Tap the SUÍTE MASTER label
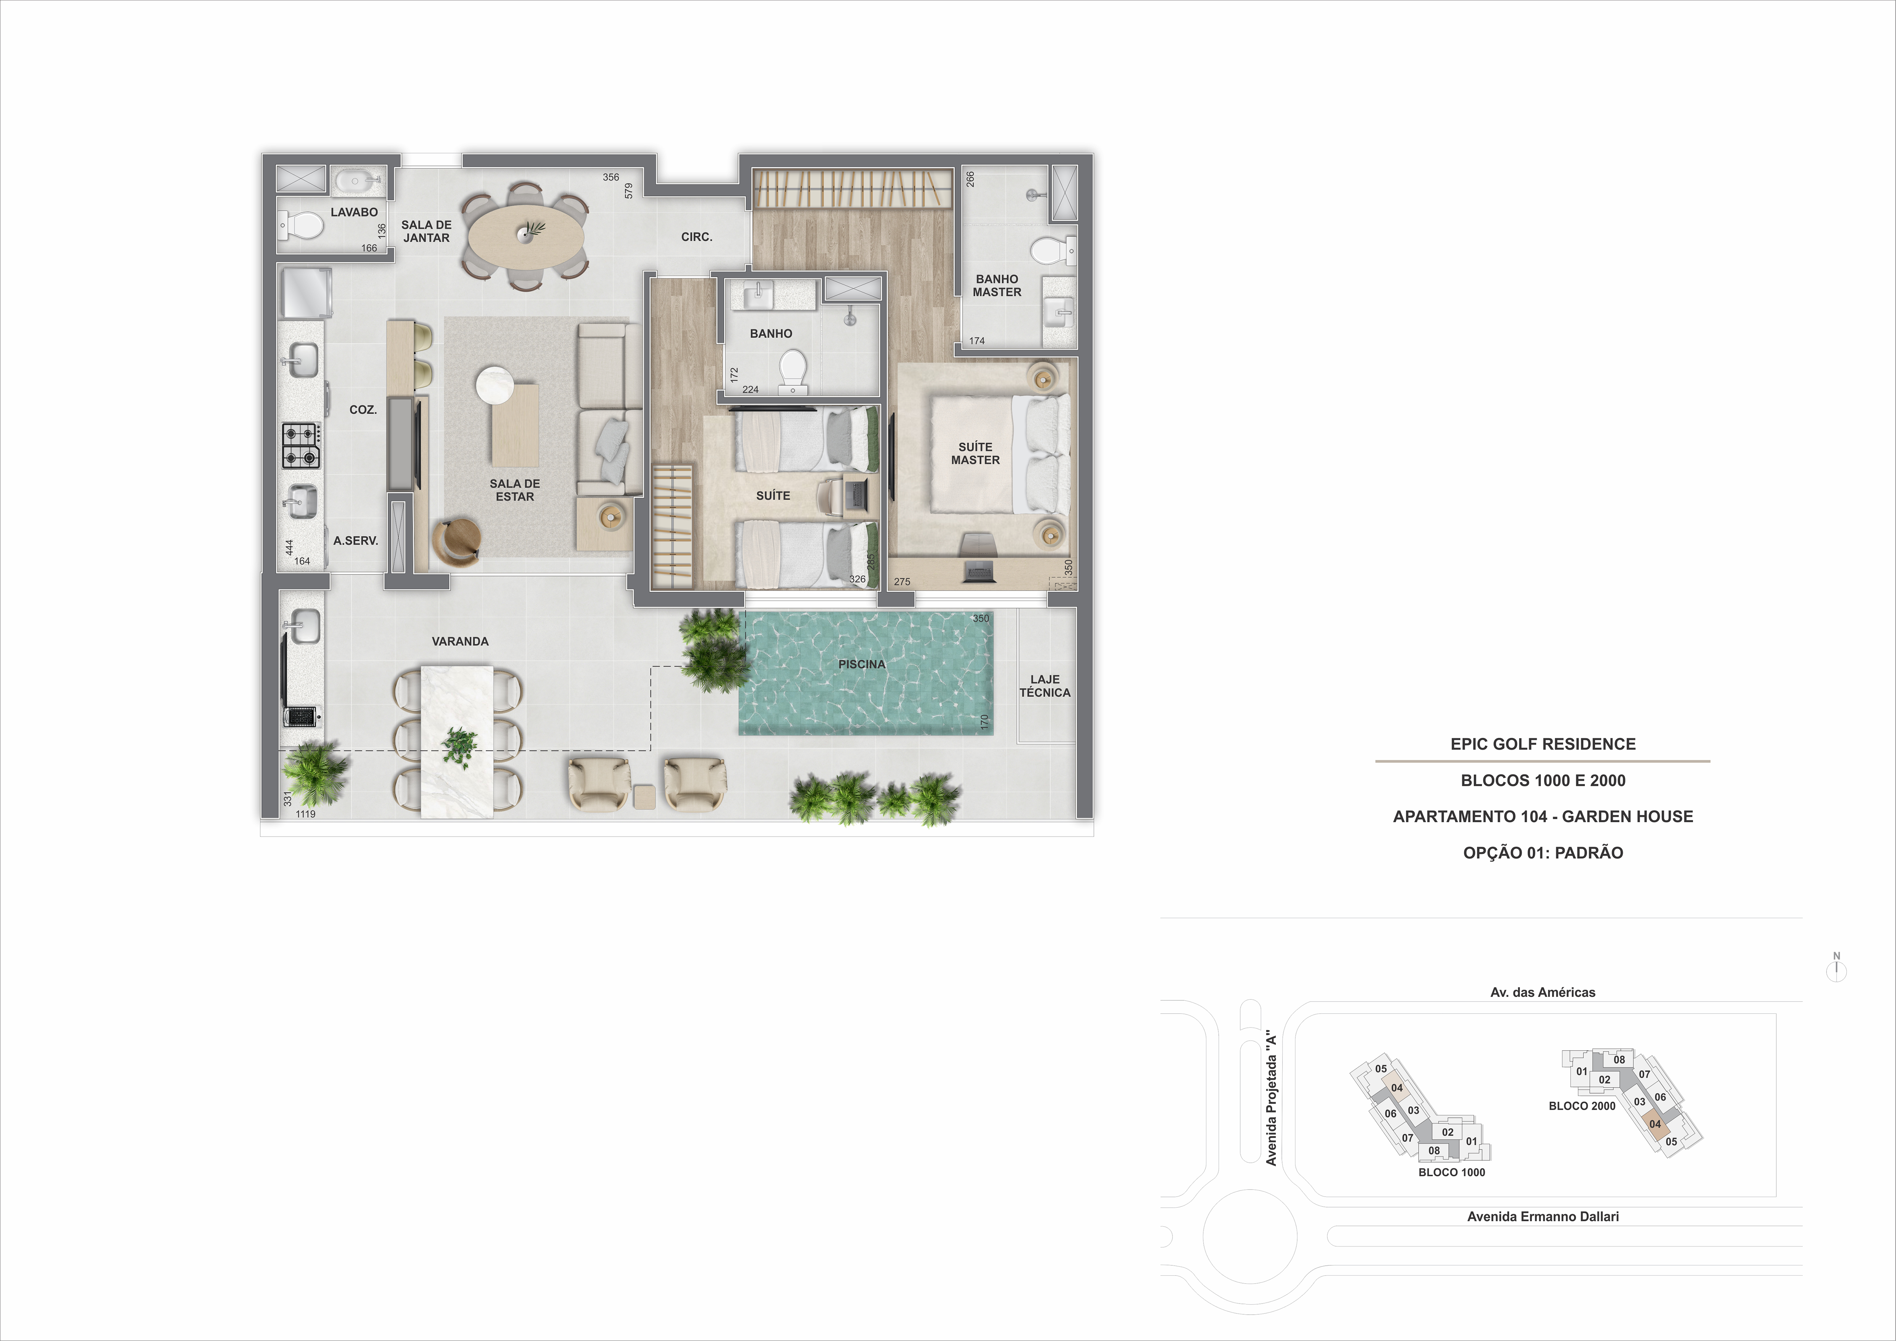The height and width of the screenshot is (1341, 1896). click(975, 453)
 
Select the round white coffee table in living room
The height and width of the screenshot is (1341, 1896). click(495, 385)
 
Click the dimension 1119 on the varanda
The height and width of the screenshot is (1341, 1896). click(305, 814)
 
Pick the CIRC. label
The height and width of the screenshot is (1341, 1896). click(696, 237)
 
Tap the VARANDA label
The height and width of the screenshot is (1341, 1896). click(460, 641)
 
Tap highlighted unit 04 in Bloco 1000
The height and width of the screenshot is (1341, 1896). click(1396, 1088)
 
